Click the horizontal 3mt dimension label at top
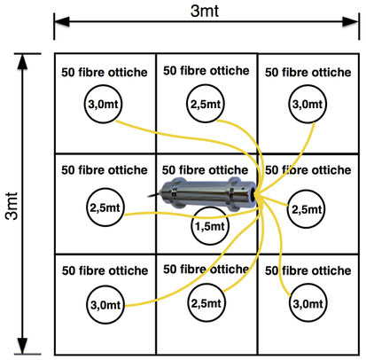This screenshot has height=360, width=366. [x=205, y=12]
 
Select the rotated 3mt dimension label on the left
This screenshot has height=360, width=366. [x=12, y=206]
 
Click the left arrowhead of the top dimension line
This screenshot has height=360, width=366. [x=62, y=21]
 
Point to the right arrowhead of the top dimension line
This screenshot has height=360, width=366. [x=351, y=21]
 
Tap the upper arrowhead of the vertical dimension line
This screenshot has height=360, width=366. [x=22, y=62]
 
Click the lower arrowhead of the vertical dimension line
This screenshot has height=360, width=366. [x=22, y=346]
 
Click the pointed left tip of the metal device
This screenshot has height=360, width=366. [x=148, y=196]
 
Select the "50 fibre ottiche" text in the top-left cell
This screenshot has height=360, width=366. [x=105, y=73]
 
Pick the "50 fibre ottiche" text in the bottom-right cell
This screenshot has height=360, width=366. [x=308, y=270]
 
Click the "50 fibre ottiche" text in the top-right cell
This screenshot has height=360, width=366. [x=308, y=73]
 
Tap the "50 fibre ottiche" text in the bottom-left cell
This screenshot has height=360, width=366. [x=105, y=270]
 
